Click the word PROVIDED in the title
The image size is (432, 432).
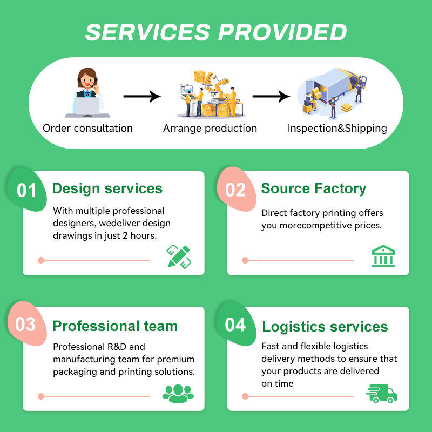click(282, 32)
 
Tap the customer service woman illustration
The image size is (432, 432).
click(87, 92)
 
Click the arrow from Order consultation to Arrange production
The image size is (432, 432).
click(142, 96)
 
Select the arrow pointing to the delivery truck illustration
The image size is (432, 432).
click(271, 96)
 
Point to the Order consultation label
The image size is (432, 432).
click(87, 129)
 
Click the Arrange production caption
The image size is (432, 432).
click(210, 129)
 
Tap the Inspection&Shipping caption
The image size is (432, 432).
click(337, 129)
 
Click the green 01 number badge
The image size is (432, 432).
click(26, 190)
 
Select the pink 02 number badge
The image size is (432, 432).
click(236, 190)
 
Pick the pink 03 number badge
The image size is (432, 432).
click(26, 324)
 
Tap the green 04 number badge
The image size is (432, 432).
click(236, 324)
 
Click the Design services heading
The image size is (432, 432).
click(107, 188)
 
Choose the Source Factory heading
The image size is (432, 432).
click(314, 188)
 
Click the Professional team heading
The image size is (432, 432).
click(115, 326)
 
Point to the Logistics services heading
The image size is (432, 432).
click(325, 327)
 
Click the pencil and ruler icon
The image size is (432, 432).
click(179, 256)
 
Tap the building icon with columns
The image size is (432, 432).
click(383, 256)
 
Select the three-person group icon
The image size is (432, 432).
click(178, 394)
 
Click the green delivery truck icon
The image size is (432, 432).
click(382, 394)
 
